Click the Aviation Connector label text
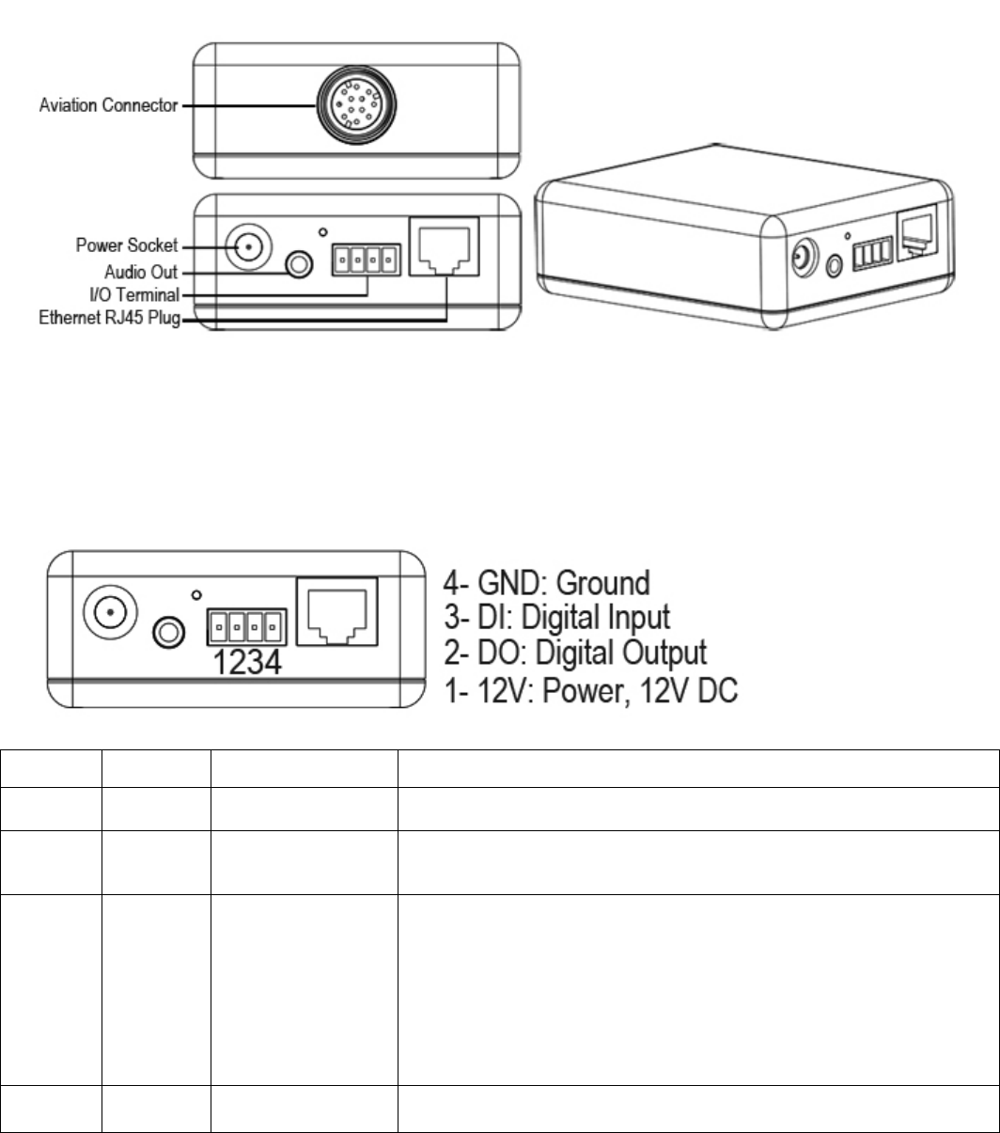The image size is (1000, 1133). [x=107, y=106]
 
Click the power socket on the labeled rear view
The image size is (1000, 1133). [x=248, y=248]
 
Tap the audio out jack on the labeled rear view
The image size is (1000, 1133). [x=298, y=266]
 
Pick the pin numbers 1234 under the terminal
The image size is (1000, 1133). [x=243, y=662]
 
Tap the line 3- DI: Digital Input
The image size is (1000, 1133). [x=570, y=617]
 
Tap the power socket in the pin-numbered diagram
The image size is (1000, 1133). [x=110, y=612]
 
